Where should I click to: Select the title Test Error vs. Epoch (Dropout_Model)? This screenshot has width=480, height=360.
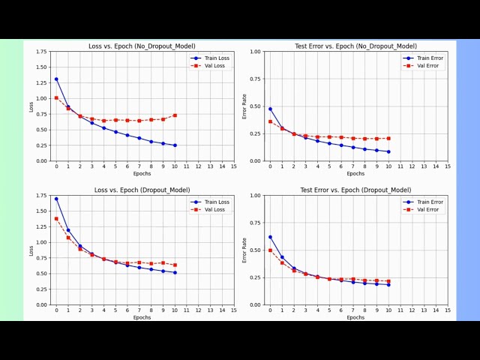(x=355, y=190)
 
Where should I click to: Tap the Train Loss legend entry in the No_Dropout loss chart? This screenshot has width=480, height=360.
(x=214, y=58)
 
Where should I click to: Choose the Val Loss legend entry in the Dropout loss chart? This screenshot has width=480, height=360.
(x=214, y=209)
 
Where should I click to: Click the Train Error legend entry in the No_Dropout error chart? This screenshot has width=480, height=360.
(x=427, y=58)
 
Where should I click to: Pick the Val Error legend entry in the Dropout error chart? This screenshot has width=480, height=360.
(x=427, y=209)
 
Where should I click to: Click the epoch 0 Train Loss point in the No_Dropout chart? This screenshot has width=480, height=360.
(x=56, y=79)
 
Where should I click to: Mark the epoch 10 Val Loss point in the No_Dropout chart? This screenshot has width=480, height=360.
(x=175, y=115)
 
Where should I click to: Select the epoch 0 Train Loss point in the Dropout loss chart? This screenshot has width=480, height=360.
(x=56, y=199)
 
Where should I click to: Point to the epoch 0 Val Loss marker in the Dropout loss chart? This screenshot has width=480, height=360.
(x=56, y=219)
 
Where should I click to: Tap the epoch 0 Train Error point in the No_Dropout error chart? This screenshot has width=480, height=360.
(x=270, y=109)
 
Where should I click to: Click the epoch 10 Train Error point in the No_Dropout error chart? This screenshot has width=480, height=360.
(x=388, y=151)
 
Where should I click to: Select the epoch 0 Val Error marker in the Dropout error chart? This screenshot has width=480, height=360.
(x=270, y=250)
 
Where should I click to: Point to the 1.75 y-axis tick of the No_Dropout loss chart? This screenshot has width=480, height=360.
(x=41, y=52)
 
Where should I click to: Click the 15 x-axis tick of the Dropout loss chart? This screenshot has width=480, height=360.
(x=234, y=310)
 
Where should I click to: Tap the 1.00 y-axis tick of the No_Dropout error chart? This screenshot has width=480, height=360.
(x=256, y=52)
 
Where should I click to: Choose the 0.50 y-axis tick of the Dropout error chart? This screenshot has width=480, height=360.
(x=256, y=250)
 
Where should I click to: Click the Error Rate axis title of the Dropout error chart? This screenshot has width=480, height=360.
(x=244, y=250)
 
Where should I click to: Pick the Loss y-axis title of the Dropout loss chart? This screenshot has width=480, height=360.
(x=31, y=250)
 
